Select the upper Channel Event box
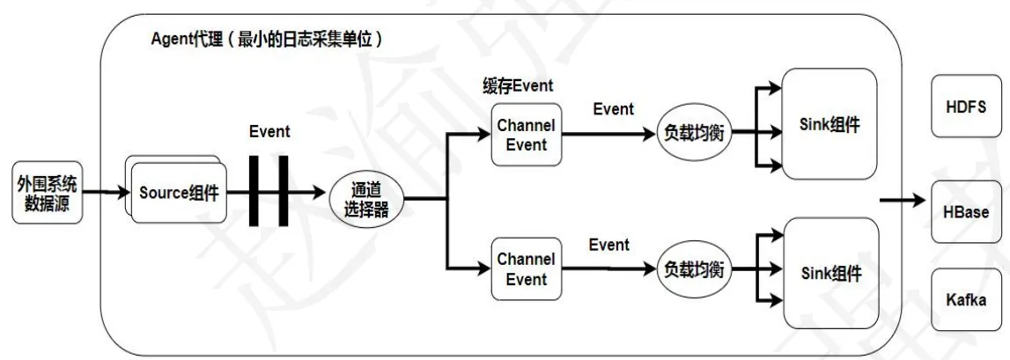526,135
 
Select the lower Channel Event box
526,268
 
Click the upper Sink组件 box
829,123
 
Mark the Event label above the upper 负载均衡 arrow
613,108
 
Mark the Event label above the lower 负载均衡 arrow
609,244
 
